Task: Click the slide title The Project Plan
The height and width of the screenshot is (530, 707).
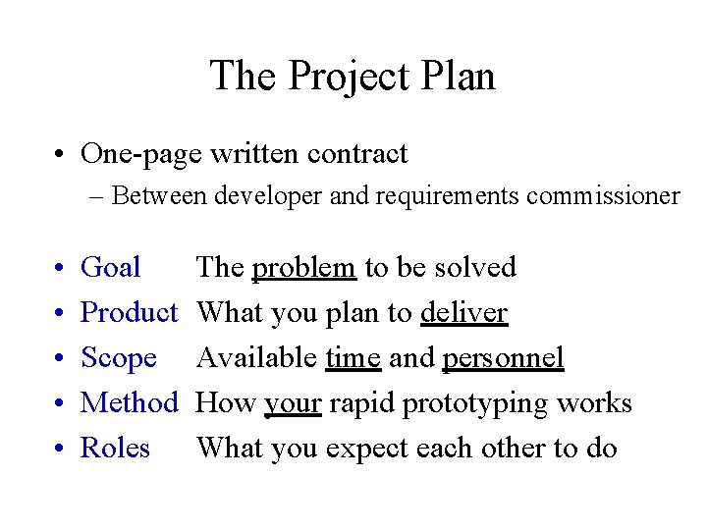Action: click(353, 76)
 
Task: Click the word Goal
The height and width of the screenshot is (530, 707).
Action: click(110, 267)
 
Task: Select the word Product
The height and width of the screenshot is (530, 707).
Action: click(129, 313)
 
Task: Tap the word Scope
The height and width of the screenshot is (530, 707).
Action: click(118, 358)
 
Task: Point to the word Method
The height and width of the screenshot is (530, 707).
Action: click(129, 403)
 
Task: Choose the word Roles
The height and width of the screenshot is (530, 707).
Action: click(115, 449)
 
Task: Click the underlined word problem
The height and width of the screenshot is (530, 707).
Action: click(303, 267)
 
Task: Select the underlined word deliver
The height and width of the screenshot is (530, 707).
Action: click(463, 313)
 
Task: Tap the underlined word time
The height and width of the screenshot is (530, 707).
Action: click(353, 358)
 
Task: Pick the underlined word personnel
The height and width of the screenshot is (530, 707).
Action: click(503, 358)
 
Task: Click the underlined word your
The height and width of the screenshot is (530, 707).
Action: click(293, 403)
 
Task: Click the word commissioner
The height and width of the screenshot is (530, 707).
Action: click(603, 196)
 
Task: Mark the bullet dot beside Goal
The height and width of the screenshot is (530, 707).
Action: click(60, 268)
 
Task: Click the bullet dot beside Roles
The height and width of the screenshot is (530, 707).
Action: click(60, 450)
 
